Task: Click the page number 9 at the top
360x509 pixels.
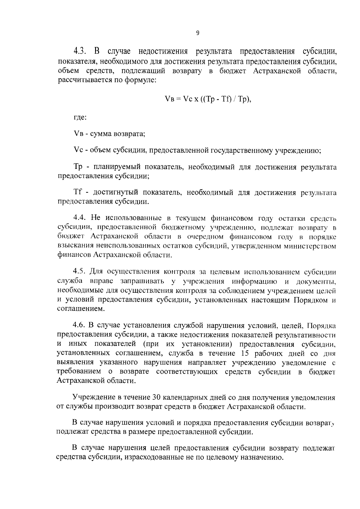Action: tap(197, 33)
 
